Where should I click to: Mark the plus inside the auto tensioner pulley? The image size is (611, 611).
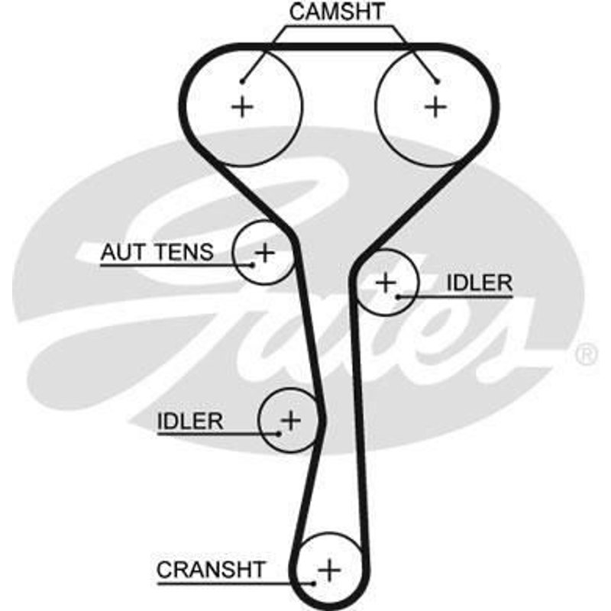click(264, 251)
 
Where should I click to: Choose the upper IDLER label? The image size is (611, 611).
click(479, 283)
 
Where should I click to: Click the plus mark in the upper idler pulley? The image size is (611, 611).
click(386, 283)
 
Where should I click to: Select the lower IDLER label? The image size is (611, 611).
click(190, 421)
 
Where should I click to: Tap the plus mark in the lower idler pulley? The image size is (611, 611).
click(291, 419)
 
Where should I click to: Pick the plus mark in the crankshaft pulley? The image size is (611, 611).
click(330, 569)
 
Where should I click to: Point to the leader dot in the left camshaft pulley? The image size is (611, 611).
click(241, 80)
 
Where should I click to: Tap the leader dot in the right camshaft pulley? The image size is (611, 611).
click(437, 80)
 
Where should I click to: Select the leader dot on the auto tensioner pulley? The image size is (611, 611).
click(253, 265)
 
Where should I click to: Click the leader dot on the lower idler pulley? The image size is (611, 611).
click(280, 433)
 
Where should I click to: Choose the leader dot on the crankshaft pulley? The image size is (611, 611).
click(315, 583)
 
